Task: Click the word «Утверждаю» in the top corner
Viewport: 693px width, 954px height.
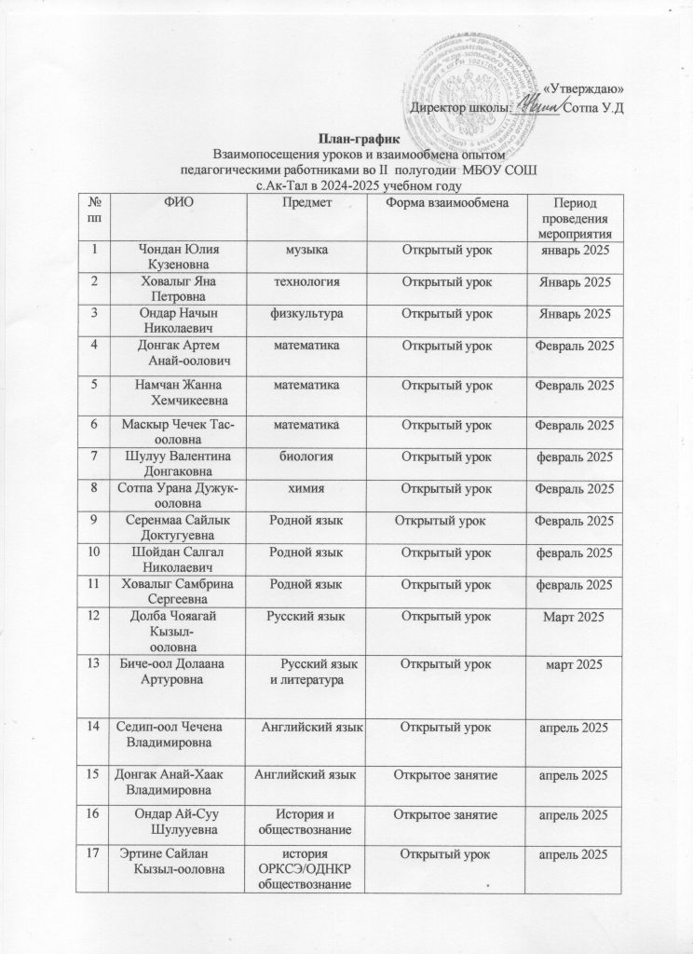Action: (x=582, y=89)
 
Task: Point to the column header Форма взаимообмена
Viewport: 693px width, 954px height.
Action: (x=446, y=202)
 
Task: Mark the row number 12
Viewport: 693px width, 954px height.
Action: (x=94, y=616)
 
